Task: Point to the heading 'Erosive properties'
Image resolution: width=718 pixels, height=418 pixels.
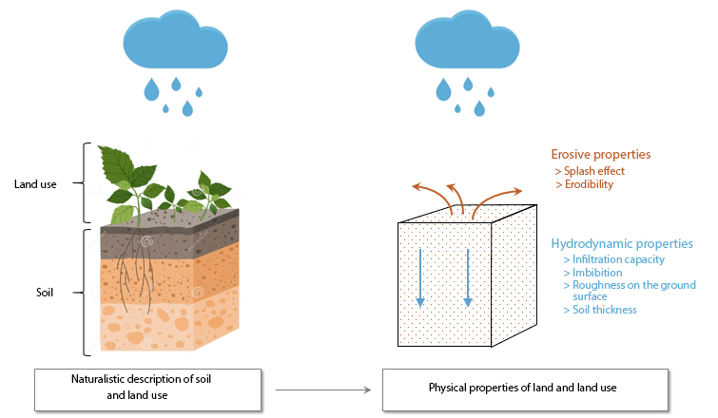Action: (x=601, y=154)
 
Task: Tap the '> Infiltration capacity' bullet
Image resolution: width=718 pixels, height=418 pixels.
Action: (x=613, y=259)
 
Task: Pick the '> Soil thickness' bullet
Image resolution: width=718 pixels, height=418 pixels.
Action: (x=600, y=310)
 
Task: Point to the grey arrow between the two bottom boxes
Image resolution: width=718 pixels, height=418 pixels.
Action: (x=321, y=389)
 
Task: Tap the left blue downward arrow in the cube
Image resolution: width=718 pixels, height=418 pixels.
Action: (x=419, y=275)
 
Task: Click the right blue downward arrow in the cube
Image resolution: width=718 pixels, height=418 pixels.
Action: (x=467, y=275)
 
